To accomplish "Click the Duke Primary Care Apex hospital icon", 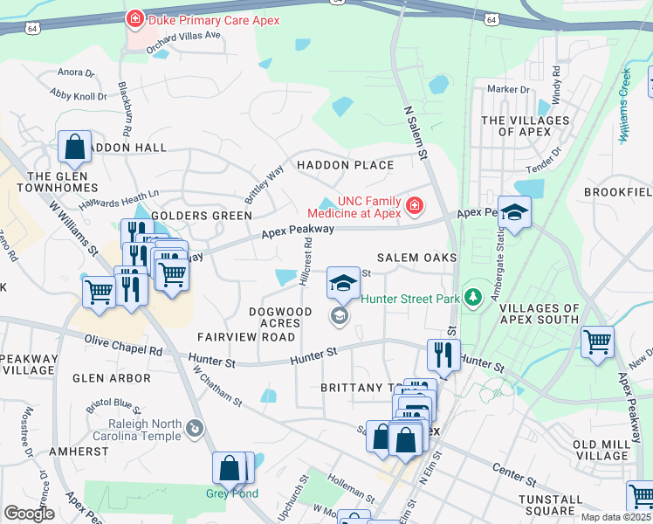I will point(134,18).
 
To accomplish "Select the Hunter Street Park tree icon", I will point(473,299).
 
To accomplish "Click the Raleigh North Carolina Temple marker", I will point(194,428).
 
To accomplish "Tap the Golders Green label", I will point(202,215).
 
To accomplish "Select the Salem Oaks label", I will point(416,259).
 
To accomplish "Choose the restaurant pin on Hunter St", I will point(443,354).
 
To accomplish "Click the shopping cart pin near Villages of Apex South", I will point(597,341).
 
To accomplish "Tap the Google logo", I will point(29,514).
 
